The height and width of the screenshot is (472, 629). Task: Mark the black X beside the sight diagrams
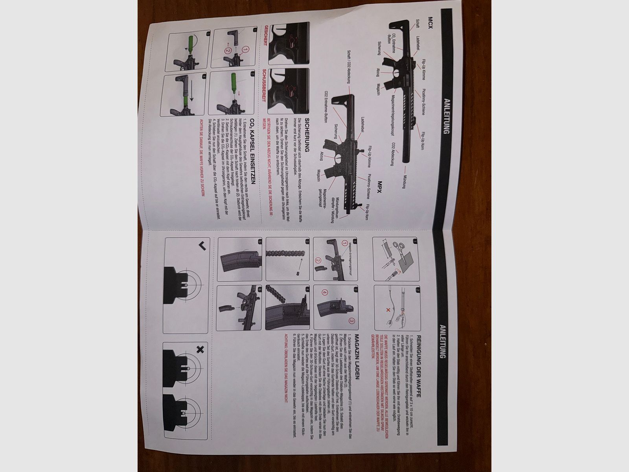pyautogui.click(x=200, y=349)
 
